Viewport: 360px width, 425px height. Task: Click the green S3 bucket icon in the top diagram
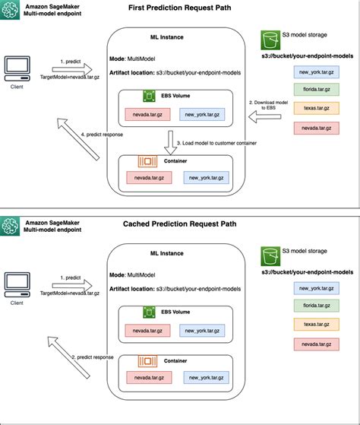[268, 40]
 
